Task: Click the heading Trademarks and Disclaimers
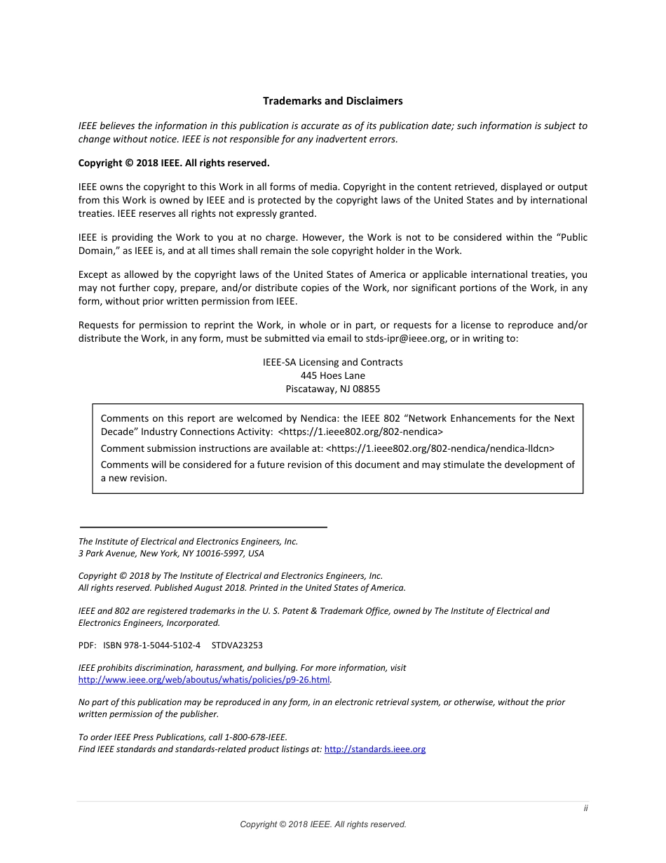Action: [x=332, y=101]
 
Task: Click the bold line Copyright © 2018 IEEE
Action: [x=173, y=163]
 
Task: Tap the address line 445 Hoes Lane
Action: [x=332, y=375]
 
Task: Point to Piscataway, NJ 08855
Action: [x=332, y=389]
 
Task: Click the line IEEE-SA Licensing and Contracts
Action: [x=332, y=362]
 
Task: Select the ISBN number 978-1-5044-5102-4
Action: [x=162, y=645]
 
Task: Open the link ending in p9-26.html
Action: [x=203, y=680]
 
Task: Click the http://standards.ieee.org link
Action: [x=374, y=749]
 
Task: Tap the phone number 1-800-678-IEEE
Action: [x=255, y=737]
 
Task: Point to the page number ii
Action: [x=585, y=808]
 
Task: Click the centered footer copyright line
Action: [x=323, y=824]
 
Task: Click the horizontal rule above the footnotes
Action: [x=203, y=526]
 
